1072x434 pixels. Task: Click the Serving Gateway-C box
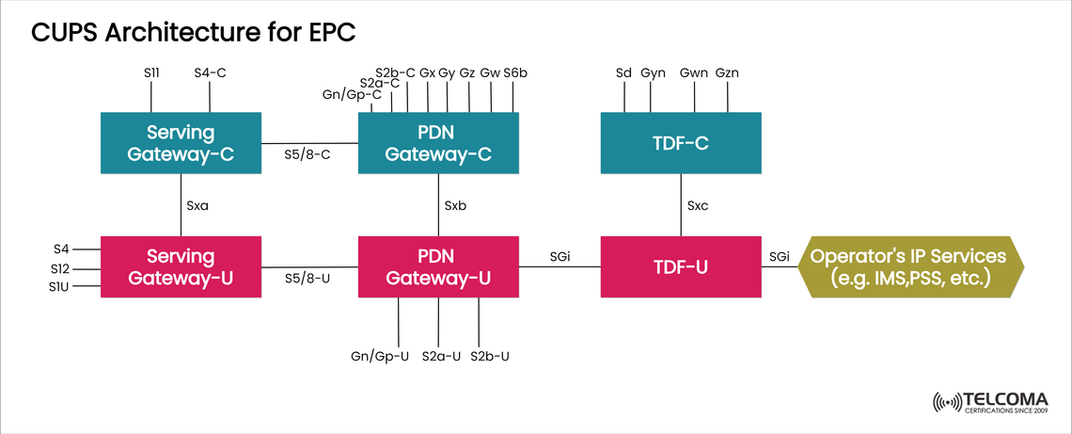181,143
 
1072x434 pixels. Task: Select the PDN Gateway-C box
438,143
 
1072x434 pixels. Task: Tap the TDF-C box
681,143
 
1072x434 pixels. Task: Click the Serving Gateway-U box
181,266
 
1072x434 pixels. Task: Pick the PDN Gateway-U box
438,266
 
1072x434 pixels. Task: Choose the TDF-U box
681,266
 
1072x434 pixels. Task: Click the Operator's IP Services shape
908,266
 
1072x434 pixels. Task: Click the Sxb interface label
455,205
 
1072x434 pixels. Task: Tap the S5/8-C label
307,154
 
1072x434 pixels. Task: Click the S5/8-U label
307,278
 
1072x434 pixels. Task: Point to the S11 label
152,72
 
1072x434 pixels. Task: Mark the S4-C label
210,72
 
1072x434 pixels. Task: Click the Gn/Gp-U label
380,356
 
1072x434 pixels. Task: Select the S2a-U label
441,356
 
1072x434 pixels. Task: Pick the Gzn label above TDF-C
727,72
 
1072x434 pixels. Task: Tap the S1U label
60,285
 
